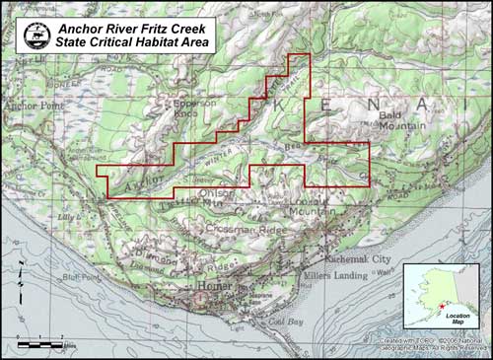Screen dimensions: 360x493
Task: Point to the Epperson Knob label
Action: [x=193, y=107]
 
